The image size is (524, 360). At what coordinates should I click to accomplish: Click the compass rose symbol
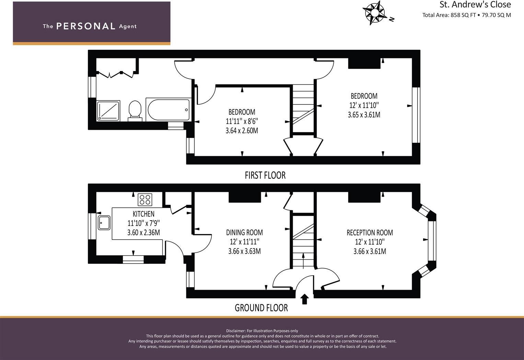pyautogui.click(x=374, y=13)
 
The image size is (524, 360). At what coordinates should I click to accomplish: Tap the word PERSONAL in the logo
pyautogui.click(x=85, y=26)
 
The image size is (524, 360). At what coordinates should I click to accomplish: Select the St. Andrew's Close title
pyautogui.click(x=475, y=5)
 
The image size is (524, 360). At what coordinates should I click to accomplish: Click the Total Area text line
pyautogui.click(x=466, y=15)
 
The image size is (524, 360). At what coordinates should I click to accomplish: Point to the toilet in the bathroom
pyautogui.click(x=135, y=110)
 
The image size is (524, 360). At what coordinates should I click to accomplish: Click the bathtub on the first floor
pyautogui.click(x=168, y=109)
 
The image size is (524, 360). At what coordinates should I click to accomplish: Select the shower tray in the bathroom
pyautogui.click(x=108, y=111)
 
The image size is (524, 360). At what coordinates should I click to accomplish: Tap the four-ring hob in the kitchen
pyautogui.click(x=145, y=199)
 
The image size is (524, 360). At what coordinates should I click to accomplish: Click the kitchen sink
pyautogui.click(x=104, y=222)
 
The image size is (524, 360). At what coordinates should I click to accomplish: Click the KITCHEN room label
pyautogui.click(x=143, y=214)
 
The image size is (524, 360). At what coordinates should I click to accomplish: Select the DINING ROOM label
pyautogui.click(x=244, y=232)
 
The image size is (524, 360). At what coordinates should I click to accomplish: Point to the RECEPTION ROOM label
pyautogui.click(x=370, y=232)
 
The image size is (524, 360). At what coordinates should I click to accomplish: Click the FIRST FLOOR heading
pyautogui.click(x=265, y=175)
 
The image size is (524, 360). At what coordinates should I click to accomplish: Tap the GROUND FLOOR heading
pyautogui.click(x=261, y=308)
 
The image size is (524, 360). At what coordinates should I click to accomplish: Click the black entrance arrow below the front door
pyautogui.click(x=304, y=299)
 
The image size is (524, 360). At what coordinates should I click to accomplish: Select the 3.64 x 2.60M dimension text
pyautogui.click(x=242, y=131)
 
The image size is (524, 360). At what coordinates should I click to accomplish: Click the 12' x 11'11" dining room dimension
pyautogui.click(x=244, y=242)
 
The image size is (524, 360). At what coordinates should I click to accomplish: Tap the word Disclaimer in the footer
pyautogui.click(x=235, y=331)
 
